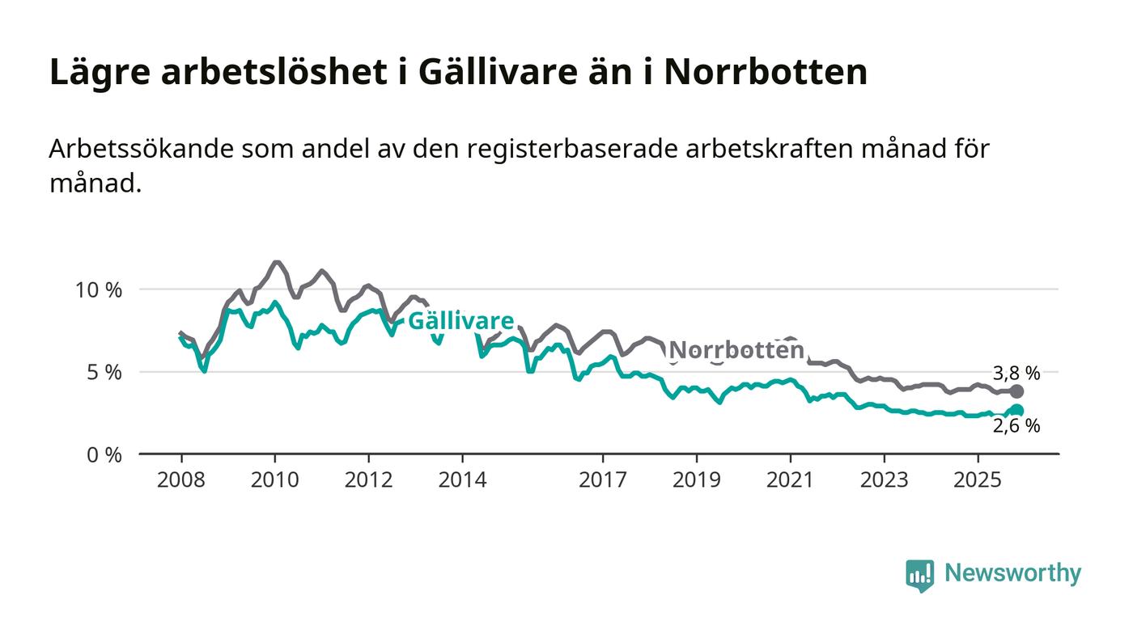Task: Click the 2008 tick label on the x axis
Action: coord(181,479)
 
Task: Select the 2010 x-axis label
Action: coord(274,479)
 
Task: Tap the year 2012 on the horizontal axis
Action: coord(368,479)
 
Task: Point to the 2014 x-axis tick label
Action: coord(462,479)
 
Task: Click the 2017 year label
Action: coord(603,479)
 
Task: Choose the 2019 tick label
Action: coord(696,479)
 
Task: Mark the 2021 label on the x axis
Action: coord(790,479)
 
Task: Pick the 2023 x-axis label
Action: coord(884,479)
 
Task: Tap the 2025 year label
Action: coord(978,479)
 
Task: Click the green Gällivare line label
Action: coord(460,321)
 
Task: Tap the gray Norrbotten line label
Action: coord(737,350)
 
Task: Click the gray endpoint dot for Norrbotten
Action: coord(1017,391)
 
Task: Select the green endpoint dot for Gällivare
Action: coord(1017,411)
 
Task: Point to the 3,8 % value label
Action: coord(1016,373)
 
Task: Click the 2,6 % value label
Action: coord(1016,426)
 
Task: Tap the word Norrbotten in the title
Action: coord(766,72)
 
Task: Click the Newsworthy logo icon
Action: coord(919,575)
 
